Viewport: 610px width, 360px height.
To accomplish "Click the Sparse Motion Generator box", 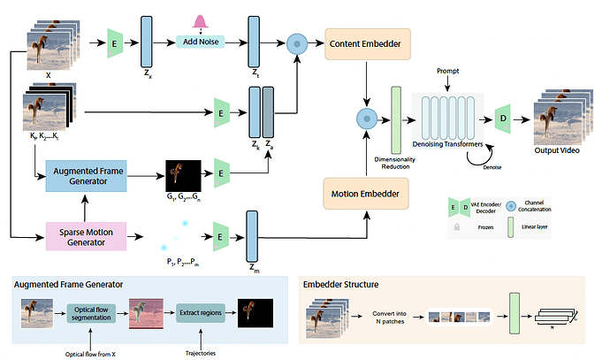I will point(86,236).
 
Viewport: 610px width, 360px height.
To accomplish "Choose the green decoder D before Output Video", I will point(503,119).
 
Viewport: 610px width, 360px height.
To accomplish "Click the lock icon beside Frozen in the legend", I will point(456,226).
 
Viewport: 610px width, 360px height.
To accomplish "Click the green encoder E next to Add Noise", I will point(113,42).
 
